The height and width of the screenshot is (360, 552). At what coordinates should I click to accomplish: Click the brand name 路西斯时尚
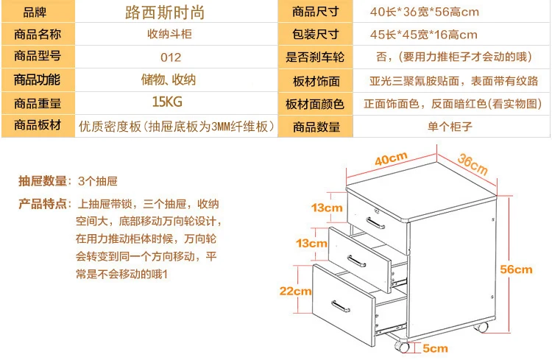pyautogui.click(x=165, y=13)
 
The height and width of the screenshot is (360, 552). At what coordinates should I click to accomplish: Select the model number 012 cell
pyautogui.click(x=171, y=57)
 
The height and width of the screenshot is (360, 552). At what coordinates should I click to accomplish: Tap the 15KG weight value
pyautogui.click(x=167, y=102)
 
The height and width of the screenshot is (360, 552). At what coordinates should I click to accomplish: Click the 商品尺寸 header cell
pyautogui.click(x=315, y=12)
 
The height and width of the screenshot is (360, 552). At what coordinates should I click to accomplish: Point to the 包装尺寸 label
pyautogui.click(x=315, y=34)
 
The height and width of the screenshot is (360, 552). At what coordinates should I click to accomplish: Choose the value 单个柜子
pyautogui.click(x=450, y=127)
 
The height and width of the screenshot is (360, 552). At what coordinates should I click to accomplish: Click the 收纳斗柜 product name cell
pyautogui.click(x=169, y=34)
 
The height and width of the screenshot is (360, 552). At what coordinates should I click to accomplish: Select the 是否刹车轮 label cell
pyautogui.click(x=315, y=57)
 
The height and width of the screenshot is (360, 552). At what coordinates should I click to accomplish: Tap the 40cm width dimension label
pyautogui.click(x=391, y=158)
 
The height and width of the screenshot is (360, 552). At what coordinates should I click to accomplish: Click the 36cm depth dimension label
pyautogui.click(x=473, y=164)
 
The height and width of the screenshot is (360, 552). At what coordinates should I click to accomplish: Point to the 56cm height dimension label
pyautogui.click(x=516, y=269)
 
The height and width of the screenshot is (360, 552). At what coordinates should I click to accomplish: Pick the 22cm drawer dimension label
pyautogui.click(x=295, y=291)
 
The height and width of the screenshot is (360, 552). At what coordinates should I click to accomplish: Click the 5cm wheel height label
pyautogui.click(x=435, y=348)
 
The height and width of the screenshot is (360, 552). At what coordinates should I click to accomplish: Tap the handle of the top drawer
pyautogui.click(x=375, y=223)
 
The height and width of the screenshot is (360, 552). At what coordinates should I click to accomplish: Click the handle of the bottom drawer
pyautogui.click(x=341, y=306)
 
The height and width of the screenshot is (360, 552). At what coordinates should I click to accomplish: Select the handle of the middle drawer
pyautogui.click(x=356, y=261)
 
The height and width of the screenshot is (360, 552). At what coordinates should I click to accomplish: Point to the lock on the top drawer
pyautogui.click(x=376, y=211)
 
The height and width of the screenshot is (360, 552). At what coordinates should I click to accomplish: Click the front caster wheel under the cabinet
pyautogui.click(x=402, y=347)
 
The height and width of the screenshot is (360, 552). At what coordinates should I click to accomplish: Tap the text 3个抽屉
pyautogui.click(x=98, y=181)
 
